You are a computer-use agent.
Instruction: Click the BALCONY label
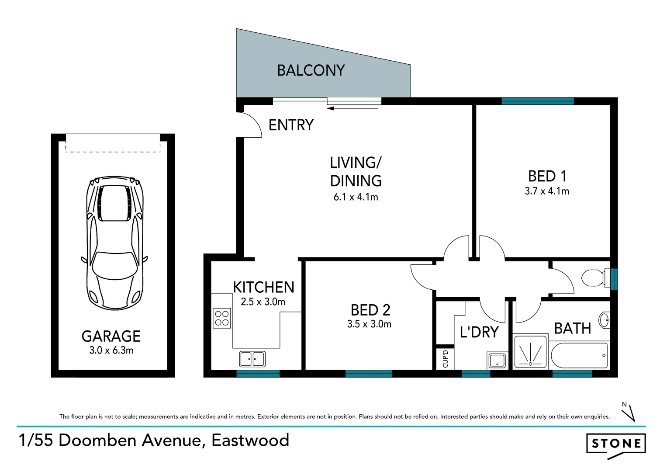pyautogui.click(x=311, y=70)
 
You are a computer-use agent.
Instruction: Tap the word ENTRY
pyautogui.click(x=291, y=125)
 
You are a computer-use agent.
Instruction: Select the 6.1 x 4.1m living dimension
pyautogui.click(x=356, y=197)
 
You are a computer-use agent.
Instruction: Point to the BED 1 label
pyautogui.click(x=547, y=176)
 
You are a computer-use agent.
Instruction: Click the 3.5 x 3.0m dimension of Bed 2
pyautogui.click(x=369, y=324)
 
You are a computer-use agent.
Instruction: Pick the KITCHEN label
pyautogui.click(x=263, y=287)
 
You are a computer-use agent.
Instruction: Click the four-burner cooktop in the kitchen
pyautogui.click(x=222, y=318)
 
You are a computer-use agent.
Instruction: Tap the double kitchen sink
pyautogui.click(x=252, y=359)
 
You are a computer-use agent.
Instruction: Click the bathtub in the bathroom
pyautogui.click(x=579, y=355)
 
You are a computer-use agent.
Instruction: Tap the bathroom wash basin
pyautogui.click(x=605, y=320)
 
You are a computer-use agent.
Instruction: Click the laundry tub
pyautogui.click(x=497, y=361)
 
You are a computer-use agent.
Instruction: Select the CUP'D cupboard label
pyautogui.click(x=445, y=358)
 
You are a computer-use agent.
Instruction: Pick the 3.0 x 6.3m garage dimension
pyautogui.click(x=111, y=351)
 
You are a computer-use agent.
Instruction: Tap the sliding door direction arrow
pyautogui.click(x=352, y=108)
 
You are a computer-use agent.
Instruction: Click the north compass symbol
pyautogui.click(x=629, y=412)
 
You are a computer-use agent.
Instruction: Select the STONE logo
pyautogui.click(x=615, y=444)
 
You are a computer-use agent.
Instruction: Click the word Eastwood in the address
pyautogui.click(x=250, y=440)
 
